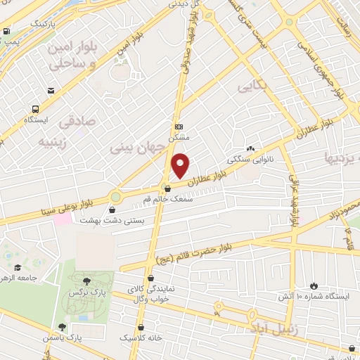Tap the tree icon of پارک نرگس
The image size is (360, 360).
coord(86,281)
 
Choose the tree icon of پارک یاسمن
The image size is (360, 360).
coord(63,327)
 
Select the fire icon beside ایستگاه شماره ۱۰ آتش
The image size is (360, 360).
coord(314,286)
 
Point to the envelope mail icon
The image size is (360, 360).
coord(51,91)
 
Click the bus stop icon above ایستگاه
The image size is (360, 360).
coord(34,108)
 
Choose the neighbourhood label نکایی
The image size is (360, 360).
coord(253,86)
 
